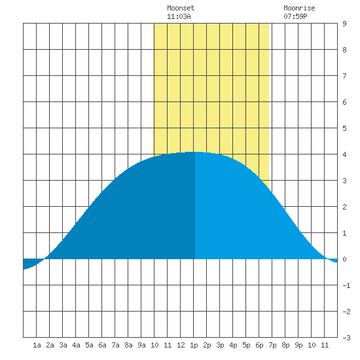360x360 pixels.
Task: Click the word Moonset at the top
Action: pos(181,8)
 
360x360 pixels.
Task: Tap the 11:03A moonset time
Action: pos(179,16)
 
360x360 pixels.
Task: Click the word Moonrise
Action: pos(299,8)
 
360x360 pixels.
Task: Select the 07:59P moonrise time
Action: pos(295,16)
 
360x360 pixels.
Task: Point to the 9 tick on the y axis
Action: pos(344,24)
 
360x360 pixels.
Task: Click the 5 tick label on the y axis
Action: pos(344,128)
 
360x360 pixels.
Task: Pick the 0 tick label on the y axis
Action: pos(344,259)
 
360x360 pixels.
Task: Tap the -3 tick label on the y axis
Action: pos(346,338)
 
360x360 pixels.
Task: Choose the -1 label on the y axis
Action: pos(346,285)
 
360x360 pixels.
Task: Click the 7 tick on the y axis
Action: pos(344,76)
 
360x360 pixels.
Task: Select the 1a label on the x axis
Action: pos(37,345)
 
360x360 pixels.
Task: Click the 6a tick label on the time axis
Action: pos(102,345)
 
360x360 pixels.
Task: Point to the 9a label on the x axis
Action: pos(141,345)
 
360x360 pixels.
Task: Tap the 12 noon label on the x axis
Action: pos(181,345)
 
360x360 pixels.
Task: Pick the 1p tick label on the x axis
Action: pos(194,345)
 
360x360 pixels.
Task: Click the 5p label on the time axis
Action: pos(246,345)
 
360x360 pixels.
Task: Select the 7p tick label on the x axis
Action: pos(272,345)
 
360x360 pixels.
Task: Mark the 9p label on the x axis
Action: pos(298,345)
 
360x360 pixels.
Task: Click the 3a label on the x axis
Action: pos(63,345)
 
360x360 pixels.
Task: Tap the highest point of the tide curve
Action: pos(194,152)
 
